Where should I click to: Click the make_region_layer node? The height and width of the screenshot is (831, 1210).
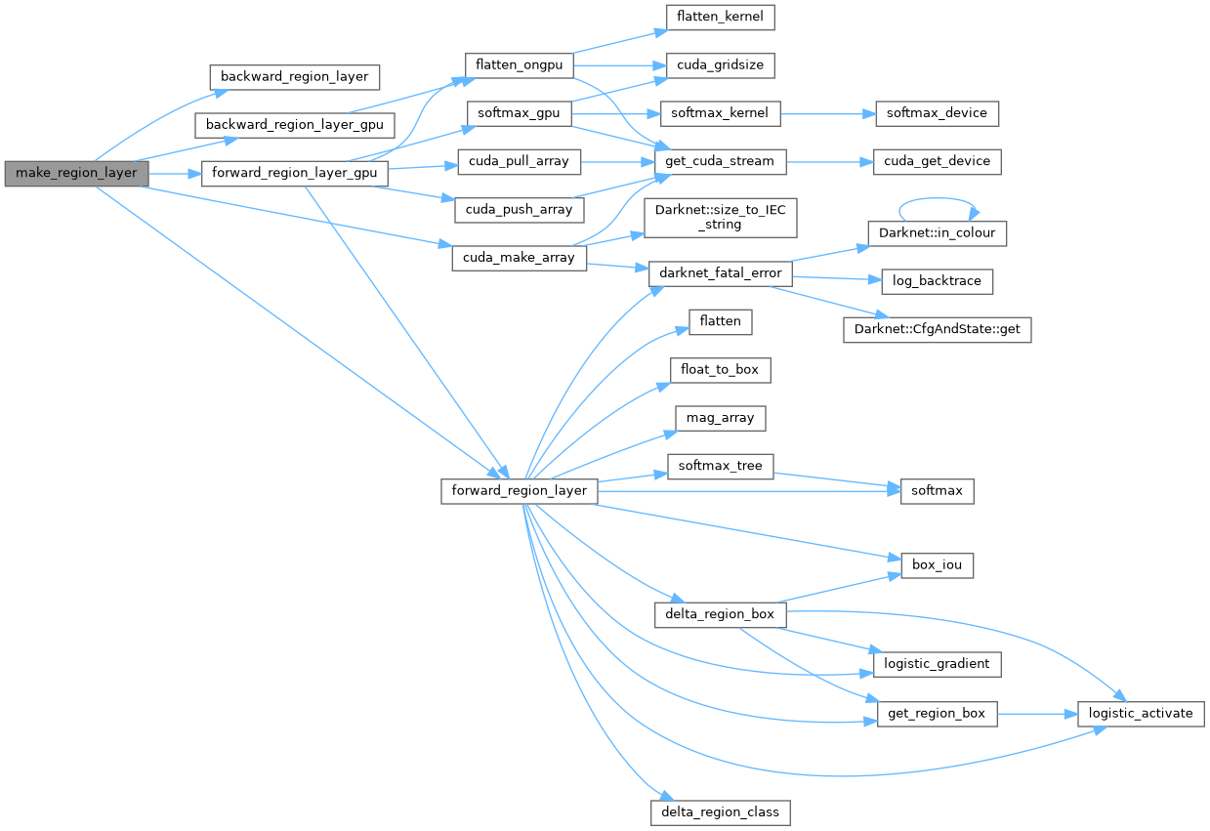pos(76,174)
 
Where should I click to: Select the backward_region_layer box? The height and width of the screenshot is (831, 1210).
pos(294,76)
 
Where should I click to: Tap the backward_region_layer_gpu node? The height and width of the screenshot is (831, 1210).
pos(294,125)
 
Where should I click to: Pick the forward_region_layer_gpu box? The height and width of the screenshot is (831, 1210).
pos(294,174)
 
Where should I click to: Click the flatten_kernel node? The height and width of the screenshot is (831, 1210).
pos(720,17)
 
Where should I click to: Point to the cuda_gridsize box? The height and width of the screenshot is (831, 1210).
pos(720,65)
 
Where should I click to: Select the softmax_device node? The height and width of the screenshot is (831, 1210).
pos(937,113)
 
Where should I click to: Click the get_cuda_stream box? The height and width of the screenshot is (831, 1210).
pos(720,161)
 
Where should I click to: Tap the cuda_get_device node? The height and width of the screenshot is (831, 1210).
pos(937,161)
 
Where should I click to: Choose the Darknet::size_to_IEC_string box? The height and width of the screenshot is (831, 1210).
pos(720,217)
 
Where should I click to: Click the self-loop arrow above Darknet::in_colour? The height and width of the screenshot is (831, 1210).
pos(937,201)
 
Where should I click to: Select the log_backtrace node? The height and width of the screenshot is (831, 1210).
pos(937,281)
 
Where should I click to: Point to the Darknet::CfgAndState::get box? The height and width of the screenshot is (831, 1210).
pos(937,329)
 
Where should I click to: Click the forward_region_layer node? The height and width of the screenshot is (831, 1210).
pos(519,490)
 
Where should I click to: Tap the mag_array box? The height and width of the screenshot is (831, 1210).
pos(720,418)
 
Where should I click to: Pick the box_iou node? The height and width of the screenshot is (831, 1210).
pos(937,565)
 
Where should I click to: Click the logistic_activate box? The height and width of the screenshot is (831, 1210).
pos(1141,713)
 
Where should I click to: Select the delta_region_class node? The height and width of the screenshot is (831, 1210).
pos(720,811)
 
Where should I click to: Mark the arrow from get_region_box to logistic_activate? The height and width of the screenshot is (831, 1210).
pos(1037,714)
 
